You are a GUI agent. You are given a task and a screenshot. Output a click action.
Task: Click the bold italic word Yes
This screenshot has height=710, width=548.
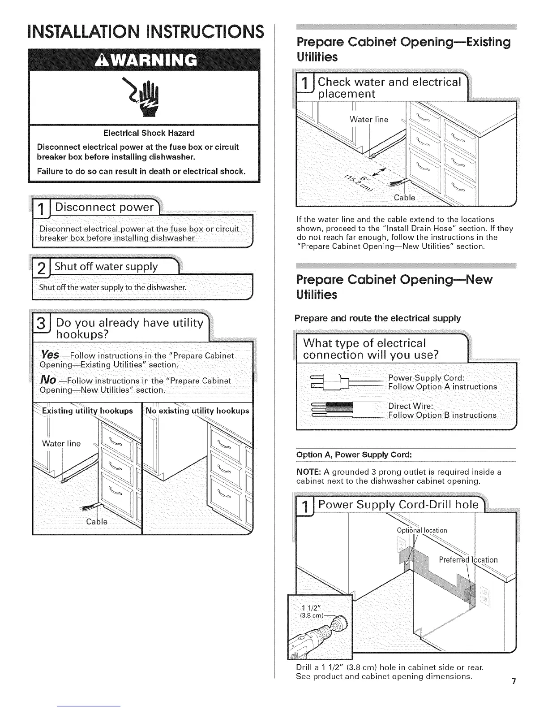point(49,355)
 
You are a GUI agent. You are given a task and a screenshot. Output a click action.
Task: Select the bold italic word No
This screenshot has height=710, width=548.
point(48,380)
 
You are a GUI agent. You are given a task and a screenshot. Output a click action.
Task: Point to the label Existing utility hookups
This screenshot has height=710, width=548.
point(87,411)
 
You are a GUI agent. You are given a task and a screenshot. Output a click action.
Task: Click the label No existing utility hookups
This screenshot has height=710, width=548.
point(197,411)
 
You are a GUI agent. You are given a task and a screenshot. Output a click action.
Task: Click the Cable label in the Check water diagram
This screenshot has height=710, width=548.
point(404,198)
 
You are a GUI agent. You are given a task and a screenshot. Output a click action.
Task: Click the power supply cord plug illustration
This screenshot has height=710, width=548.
point(329,381)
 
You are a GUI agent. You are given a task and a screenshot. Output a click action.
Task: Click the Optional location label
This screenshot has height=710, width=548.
point(422,531)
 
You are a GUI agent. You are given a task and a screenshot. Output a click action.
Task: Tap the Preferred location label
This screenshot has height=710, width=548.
point(468,560)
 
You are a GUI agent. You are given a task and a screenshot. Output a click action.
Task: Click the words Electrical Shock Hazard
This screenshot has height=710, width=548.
point(149,133)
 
